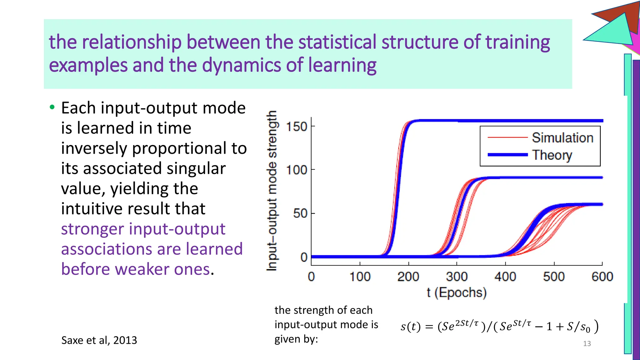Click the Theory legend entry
[x=552, y=155]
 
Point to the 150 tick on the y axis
[x=297, y=127]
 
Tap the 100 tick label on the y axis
[x=297, y=170]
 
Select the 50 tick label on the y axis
[x=300, y=213]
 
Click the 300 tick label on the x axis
[x=457, y=277]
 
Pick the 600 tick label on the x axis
[x=602, y=277]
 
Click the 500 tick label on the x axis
[x=554, y=277]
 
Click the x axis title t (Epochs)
[x=457, y=292]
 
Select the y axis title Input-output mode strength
[x=272, y=191]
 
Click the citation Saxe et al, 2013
[x=99, y=340]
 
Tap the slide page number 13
[x=587, y=344]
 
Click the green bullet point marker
[x=52, y=107]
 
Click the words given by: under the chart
[x=296, y=339]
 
